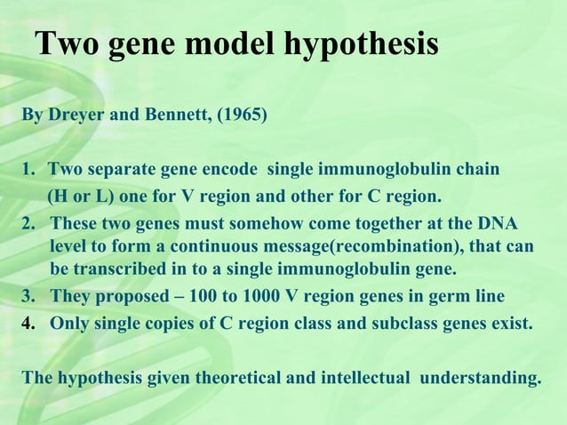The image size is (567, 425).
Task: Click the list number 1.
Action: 28,169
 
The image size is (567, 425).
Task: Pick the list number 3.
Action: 28,296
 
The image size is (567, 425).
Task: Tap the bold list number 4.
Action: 28,324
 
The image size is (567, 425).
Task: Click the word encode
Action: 234,169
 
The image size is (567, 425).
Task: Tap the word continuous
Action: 214,245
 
